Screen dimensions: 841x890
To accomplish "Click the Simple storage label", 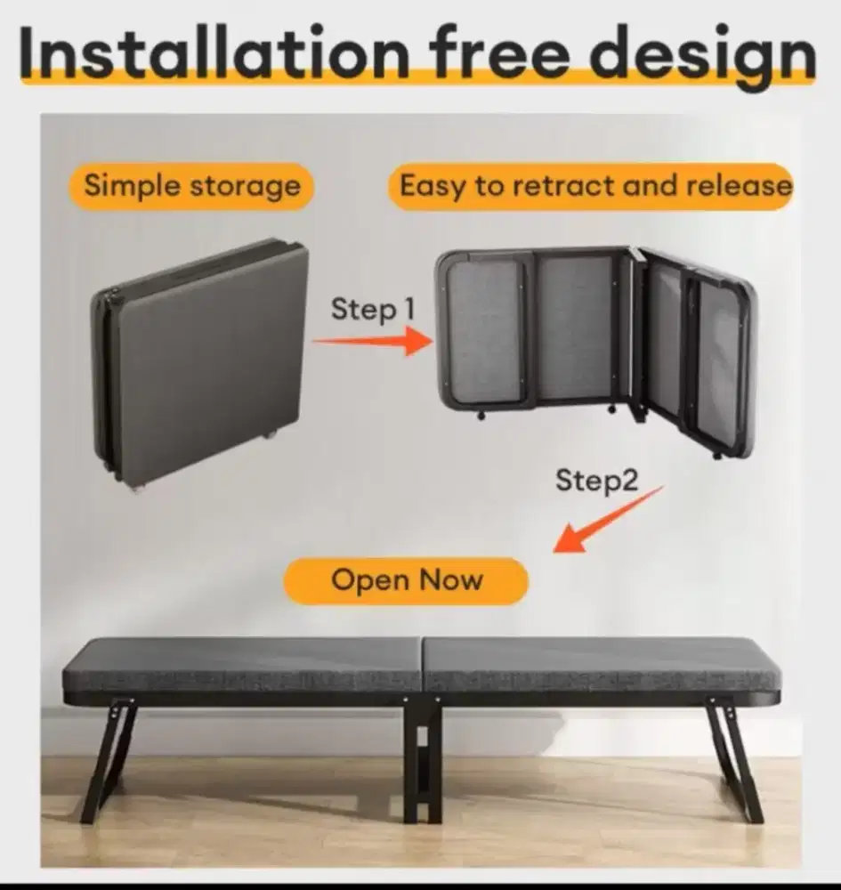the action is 191,186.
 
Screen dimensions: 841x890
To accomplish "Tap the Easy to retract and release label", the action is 591,186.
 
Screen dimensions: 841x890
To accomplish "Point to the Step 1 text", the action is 372,309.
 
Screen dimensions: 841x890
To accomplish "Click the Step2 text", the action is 596,481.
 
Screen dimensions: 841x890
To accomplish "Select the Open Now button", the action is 407,580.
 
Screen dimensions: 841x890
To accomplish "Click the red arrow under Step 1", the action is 374,341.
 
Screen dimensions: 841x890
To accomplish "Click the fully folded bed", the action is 199,363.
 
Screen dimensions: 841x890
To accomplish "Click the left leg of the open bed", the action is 108,761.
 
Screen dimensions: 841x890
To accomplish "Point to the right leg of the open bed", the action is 735,761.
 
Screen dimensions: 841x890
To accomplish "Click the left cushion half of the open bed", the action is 242,670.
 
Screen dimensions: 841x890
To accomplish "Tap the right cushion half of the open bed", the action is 602,670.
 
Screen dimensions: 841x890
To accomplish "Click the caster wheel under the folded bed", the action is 268,436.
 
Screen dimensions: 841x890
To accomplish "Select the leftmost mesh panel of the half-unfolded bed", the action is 484,332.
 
